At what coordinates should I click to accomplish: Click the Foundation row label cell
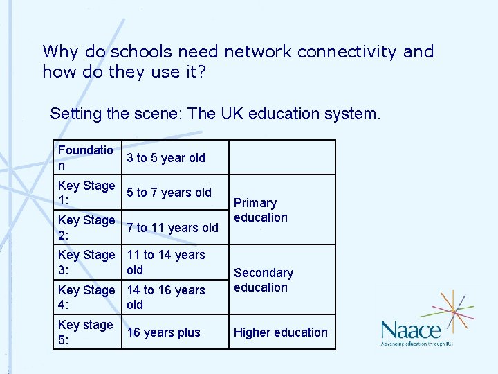point(86,158)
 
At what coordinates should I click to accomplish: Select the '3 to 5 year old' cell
point(166,158)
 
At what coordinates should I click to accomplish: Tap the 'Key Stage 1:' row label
point(86,193)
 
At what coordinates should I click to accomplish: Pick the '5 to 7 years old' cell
point(169,193)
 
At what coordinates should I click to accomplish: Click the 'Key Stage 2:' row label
point(86,227)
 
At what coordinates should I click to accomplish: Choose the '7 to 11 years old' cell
point(173,227)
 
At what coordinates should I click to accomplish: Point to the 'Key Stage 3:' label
point(86,262)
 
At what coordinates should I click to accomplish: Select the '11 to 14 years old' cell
point(166,262)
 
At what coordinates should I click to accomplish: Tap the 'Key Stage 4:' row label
point(86,297)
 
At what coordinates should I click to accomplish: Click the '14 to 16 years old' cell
point(166,297)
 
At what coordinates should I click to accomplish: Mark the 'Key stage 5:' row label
point(86,332)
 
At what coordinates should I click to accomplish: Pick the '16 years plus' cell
point(164,332)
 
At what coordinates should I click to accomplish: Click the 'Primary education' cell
point(261,210)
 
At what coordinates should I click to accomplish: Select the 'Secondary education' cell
point(264,280)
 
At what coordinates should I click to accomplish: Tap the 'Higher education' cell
point(281,332)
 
